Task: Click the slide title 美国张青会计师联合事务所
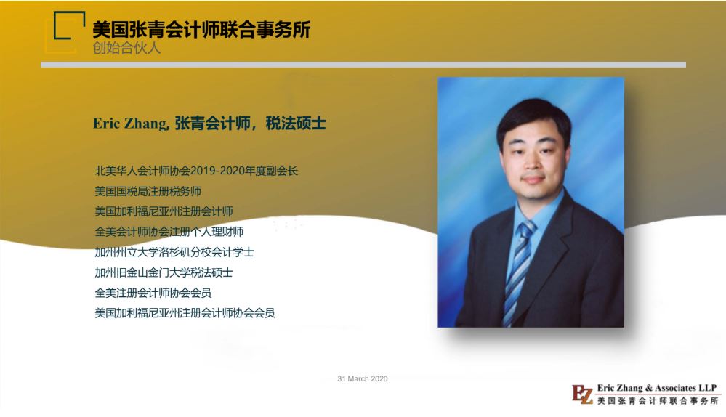tap(201, 30)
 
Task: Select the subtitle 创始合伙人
tap(126, 48)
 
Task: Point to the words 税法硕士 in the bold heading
tap(296, 123)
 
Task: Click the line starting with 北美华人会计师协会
tap(196, 171)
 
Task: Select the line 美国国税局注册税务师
tap(148, 191)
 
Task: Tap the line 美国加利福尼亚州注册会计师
tap(164, 211)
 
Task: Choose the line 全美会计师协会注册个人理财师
tap(169, 232)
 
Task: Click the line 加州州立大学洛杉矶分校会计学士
tap(174, 252)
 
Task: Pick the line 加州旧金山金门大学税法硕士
tap(164, 272)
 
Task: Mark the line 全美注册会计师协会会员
tap(153, 293)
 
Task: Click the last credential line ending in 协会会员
tap(185, 313)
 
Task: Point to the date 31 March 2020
tap(363, 378)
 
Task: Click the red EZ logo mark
tap(582, 394)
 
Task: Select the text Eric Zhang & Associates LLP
tap(657, 388)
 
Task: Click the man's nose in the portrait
tap(532, 163)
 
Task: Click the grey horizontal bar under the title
tap(363, 65)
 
